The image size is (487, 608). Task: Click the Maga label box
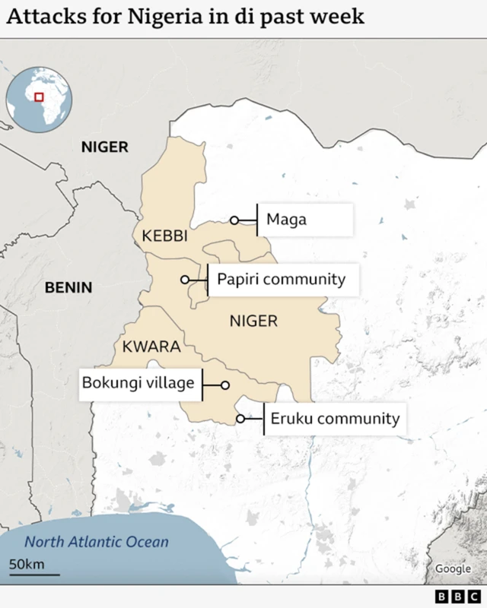[305, 220]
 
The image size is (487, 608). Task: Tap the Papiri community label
[281, 280]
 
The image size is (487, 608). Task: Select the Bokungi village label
[139, 383]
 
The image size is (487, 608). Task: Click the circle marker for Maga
[234, 220]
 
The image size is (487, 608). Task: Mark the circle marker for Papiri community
[185, 280]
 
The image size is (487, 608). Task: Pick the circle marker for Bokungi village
[225, 385]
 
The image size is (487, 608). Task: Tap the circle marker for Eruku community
[240, 419]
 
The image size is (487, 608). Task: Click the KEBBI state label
[164, 236]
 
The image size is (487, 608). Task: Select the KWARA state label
[151, 347]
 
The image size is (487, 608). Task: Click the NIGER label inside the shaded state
[253, 321]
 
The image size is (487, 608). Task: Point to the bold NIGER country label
[105, 147]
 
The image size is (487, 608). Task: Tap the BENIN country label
[68, 287]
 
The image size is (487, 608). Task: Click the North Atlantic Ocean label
[96, 543]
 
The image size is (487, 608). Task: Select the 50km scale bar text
[27, 564]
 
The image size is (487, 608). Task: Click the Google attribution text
[453, 568]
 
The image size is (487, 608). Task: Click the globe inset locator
[39, 99]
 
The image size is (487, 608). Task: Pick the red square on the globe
[39, 97]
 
